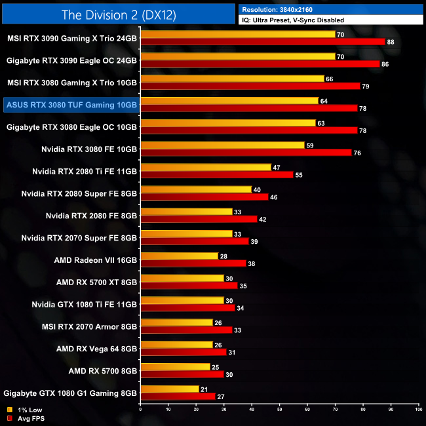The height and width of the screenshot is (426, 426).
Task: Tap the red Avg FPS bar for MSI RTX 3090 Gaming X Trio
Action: tap(262, 42)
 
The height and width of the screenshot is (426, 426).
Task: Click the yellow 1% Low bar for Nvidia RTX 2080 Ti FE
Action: tap(205, 167)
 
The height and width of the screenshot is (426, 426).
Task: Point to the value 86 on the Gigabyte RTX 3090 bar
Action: tap(385, 64)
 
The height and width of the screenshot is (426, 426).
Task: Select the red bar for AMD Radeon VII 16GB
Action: tap(193, 263)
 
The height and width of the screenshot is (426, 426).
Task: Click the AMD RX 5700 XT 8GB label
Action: tap(96, 282)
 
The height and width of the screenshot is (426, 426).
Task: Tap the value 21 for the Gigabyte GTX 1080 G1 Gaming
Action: tap(204, 389)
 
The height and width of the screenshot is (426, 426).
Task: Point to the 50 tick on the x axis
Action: tap(279, 410)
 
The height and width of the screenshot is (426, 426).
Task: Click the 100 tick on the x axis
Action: tap(418, 410)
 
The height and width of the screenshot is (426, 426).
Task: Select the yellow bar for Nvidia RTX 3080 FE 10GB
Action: tap(222, 145)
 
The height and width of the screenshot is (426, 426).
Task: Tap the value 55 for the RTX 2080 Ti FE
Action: tap(299, 175)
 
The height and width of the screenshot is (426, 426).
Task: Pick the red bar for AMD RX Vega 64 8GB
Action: tap(183, 353)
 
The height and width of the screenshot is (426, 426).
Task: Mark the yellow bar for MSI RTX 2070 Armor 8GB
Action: tap(176, 322)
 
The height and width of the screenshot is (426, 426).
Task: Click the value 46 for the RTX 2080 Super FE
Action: tap(274, 197)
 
